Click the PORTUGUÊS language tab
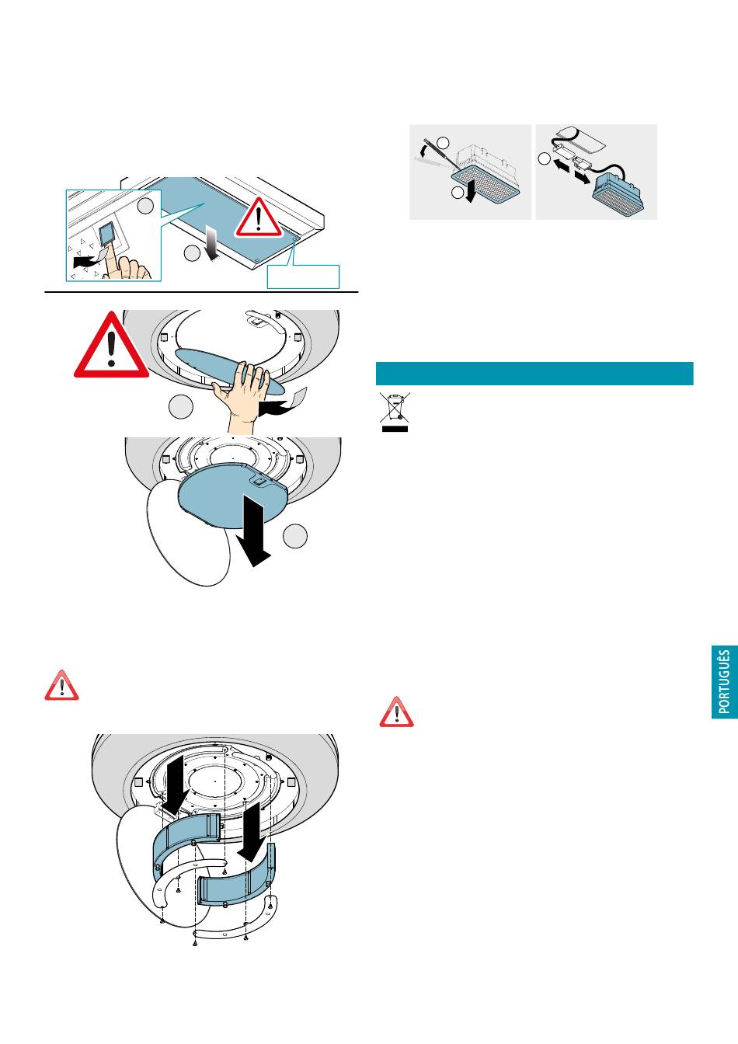[x=725, y=682]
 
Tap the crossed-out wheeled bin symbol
[x=395, y=412]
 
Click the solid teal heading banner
[x=534, y=374]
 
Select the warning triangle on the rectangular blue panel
[x=258, y=217]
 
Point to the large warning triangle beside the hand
[x=111, y=346]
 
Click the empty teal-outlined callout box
[x=303, y=277]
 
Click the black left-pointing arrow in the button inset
[x=85, y=262]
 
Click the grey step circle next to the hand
[x=180, y=407]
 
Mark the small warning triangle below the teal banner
[x=396, y=712]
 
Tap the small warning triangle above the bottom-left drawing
[x=61, y=686]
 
